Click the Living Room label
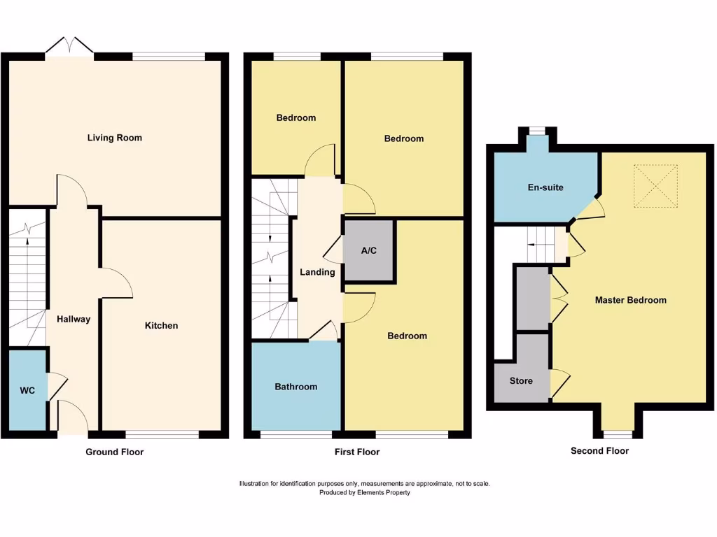[114, 138]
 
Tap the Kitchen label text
[161, 325]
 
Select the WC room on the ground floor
[27, 390]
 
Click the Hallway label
[74, 319]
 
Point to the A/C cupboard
[369, 251]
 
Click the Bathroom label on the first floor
[295, 387]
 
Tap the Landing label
[317, 272]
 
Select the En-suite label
[545, 187]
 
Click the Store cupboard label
[521, 381]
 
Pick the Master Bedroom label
[630, 300]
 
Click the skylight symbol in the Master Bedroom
[655, 186]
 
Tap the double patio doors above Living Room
[70, 48]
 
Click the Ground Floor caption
[114, 452]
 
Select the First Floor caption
[356, 452]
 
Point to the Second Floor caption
[599, 451]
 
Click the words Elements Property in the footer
[384, 492]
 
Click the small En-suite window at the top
[537, 130]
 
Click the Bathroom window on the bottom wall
[295, 435]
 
